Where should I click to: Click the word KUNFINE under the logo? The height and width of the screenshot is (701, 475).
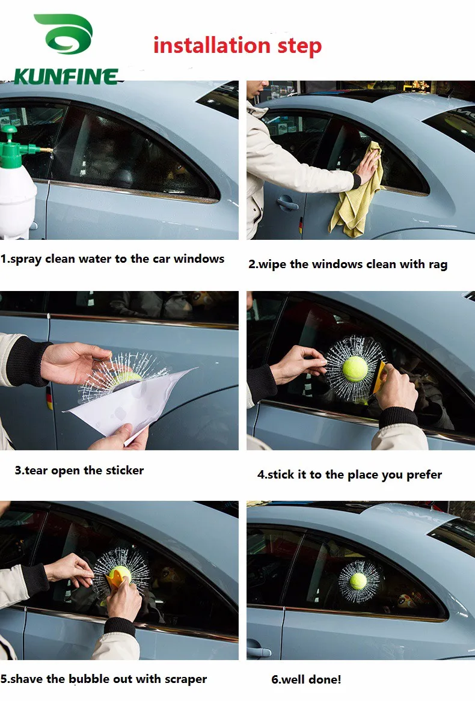pos(66,76)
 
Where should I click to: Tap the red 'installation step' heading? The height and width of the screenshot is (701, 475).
pos(237,46)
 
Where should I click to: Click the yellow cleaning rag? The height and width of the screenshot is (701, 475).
pos(358,192)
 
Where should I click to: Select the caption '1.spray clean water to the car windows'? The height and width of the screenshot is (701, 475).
pos(112,259)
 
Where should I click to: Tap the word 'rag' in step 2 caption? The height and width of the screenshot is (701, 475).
pos(438,264)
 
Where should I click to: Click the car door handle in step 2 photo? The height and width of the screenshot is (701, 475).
pos(287,203)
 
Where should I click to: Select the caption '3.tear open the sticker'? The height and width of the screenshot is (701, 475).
pos(79,470)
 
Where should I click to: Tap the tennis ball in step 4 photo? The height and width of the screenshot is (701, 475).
pos(355,369)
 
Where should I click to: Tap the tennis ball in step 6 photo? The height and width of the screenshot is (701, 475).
pos(359,581)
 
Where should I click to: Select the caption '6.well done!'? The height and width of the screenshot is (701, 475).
pos(306,679)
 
